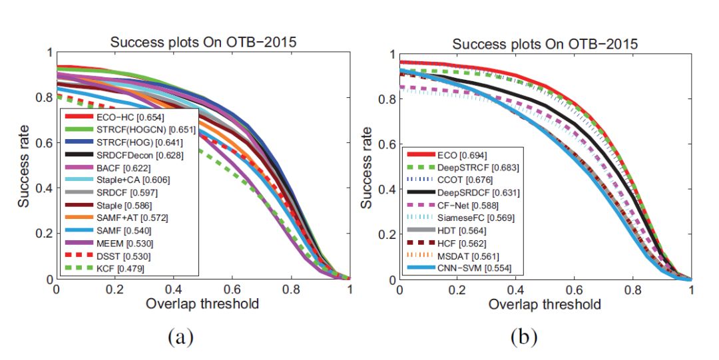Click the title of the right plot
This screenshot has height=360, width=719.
click(x=545, y=44)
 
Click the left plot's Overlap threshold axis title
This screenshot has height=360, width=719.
click(x=202, y=305)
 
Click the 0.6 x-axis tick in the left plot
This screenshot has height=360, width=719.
click(x=232, y=290)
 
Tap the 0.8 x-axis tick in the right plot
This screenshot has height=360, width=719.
click(x=633, y=291)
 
